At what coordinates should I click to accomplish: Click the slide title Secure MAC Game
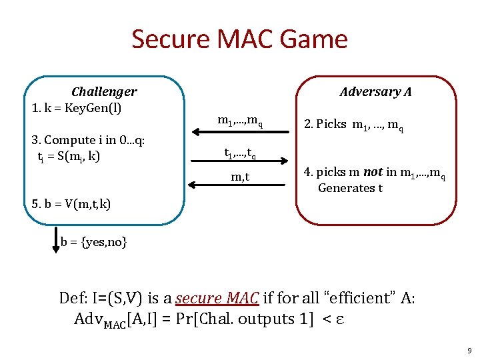[239, 39]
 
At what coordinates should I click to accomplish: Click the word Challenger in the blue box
[104, 92]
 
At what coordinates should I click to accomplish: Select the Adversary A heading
[375, 92]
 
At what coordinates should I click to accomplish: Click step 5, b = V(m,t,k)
[71, 203]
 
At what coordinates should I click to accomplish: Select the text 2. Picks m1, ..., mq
[353, 125]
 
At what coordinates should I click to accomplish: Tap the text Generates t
[350, 188]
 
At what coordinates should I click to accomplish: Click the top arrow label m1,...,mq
[240, 121]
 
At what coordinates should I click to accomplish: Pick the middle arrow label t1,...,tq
[239, 154]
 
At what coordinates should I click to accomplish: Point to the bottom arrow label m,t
[241, 176]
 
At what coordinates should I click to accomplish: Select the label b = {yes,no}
[93, 241]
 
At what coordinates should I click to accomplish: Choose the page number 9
[469, 350]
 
